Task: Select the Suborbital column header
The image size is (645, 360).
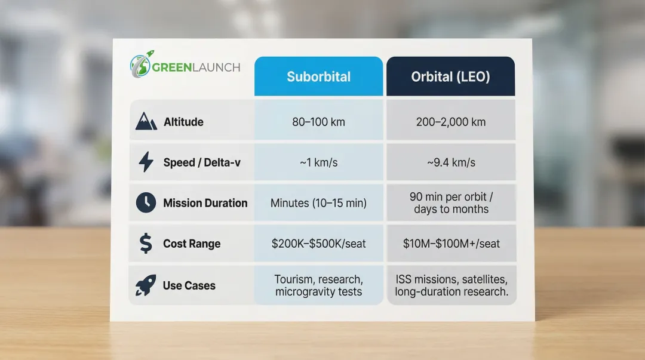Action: [x=318, y=76]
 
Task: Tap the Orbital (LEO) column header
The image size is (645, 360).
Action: [x=450, y=76]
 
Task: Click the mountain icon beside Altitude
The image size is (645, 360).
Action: [x=146, y=122]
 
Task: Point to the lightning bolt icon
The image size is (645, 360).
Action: [x=146, y=162]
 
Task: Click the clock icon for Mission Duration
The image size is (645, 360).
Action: [x=146, y=203]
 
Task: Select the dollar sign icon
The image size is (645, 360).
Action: [x=146, y=244]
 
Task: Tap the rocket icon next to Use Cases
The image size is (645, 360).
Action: [x=146, y=285]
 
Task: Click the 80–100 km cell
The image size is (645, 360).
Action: [x=318, y=122]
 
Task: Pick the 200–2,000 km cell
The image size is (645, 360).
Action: [x=451, y=122]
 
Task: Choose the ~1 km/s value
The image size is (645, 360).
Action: [x=318, y=162]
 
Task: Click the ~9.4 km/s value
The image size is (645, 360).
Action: [x=451, y=162]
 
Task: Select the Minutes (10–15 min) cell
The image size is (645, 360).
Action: [x=318, y=203]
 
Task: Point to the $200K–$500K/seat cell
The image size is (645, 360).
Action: [x=318, y=244]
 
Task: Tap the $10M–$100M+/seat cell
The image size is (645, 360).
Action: [x=451, y=244]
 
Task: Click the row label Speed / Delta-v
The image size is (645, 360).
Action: [x=202, y=162]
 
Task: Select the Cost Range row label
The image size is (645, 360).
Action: [x=192, y=244]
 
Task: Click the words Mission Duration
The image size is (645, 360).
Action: [x=205, y=203]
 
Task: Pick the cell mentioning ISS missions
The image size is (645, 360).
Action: [x=451, y=285]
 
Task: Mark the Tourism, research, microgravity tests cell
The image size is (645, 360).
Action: [x=318, y=285]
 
